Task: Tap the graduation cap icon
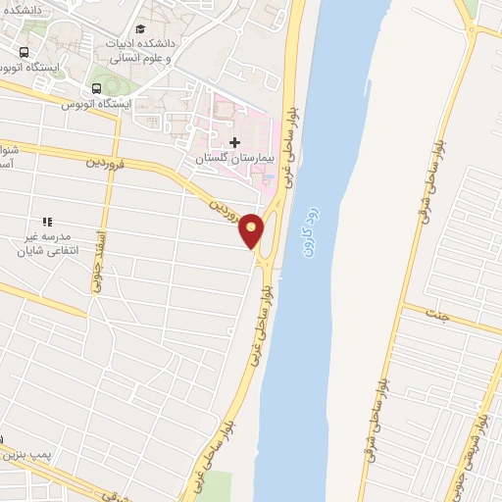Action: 141,28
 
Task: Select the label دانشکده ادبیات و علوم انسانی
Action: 201,51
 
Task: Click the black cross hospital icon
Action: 233,142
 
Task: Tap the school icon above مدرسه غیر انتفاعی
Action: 46,223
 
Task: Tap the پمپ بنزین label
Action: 24,455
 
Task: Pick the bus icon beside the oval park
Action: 94,88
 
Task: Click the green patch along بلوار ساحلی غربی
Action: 218,484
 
